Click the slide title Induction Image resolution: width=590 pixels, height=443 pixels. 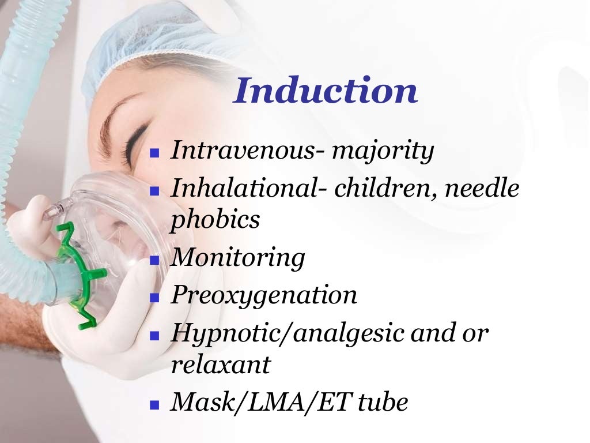325,91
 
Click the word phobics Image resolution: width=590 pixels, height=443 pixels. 215,220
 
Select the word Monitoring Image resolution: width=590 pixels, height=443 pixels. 237,257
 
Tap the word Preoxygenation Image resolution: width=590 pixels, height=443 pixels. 264,295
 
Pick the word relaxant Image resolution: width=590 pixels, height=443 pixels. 220,365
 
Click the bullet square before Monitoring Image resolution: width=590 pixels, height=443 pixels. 154,260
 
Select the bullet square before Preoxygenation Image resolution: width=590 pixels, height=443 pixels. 154,298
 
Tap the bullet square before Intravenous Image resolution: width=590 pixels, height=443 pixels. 154,154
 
